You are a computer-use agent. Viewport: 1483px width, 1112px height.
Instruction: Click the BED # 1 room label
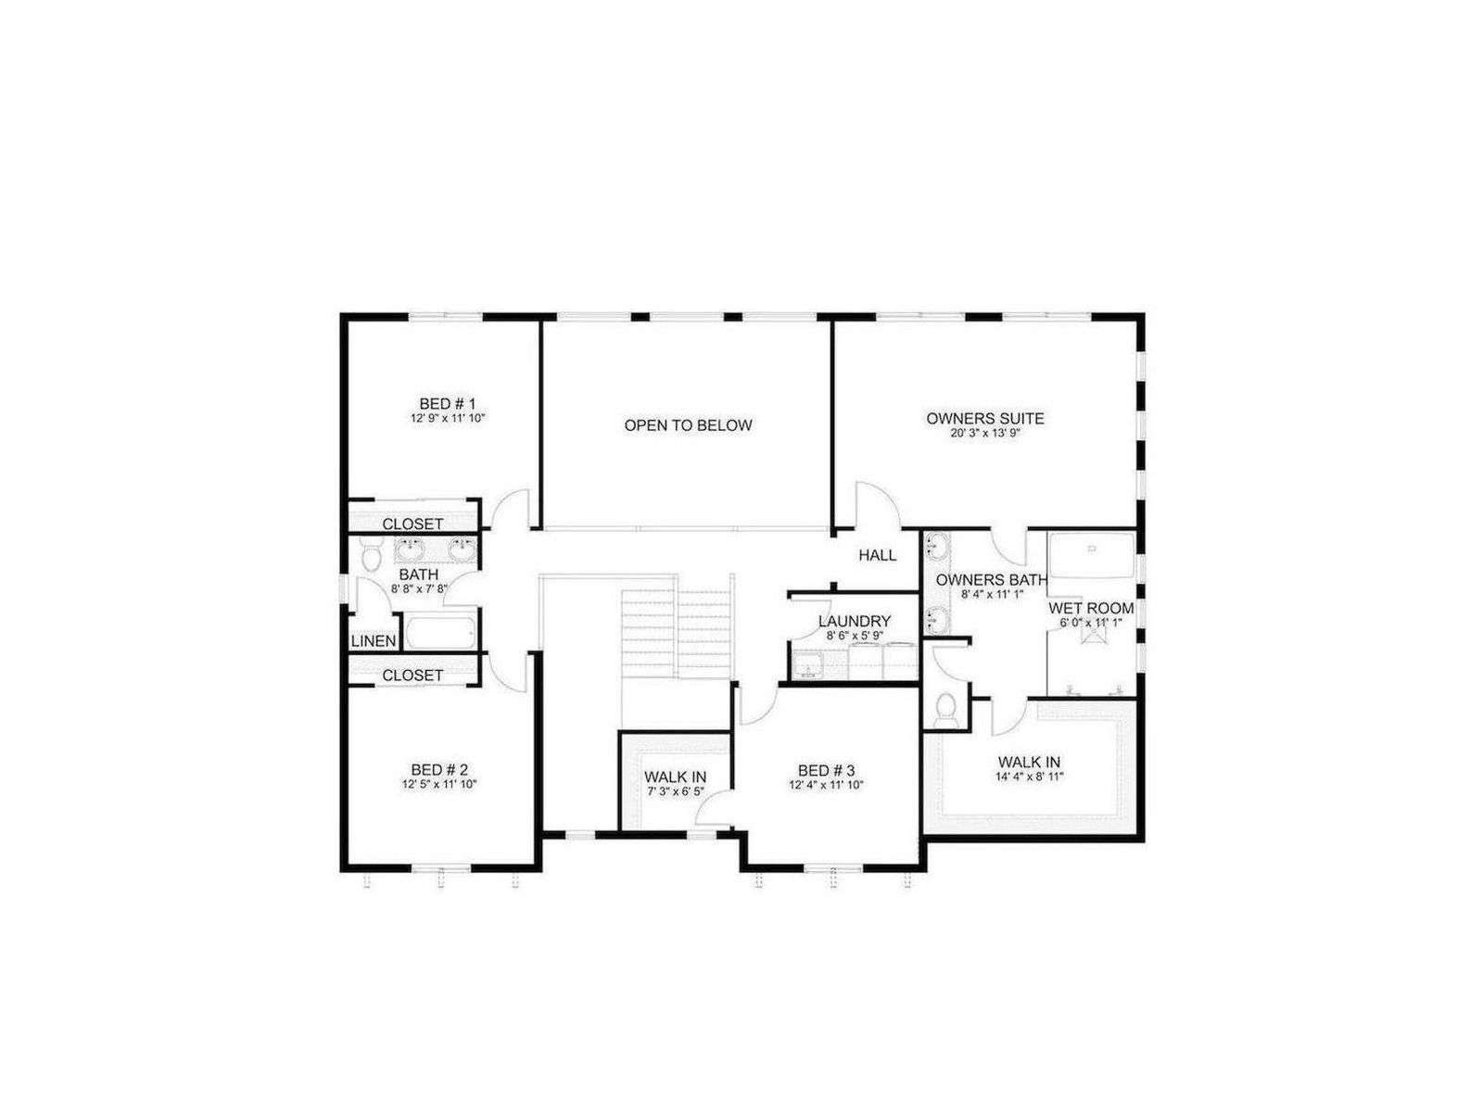click(x=448, y=404)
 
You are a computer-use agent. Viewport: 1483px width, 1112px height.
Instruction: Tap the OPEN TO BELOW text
click(x=688, y=425)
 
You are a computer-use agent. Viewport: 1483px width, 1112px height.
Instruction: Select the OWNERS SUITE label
click(x=984, y=419)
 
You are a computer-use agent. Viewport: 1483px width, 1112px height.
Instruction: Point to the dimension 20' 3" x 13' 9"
click(x=984, y=434)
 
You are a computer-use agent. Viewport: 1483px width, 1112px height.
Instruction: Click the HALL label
click(x=878, y=556)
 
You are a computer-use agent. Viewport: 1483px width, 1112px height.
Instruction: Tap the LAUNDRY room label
click(x=854, y=621)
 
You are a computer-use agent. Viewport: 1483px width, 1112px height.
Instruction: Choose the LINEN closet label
click(x=374, y=640)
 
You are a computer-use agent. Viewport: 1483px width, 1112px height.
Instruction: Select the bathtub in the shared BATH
click(x=440, y=632)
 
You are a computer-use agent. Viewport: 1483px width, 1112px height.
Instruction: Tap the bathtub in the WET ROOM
click(x=1092, y=555)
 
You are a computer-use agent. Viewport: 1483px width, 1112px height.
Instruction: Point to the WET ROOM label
click(x=1091, y=608)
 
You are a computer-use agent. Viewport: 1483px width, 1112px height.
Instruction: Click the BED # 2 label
click(x=439, y=770)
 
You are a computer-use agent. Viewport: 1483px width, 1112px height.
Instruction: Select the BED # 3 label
click(x=826, y=770)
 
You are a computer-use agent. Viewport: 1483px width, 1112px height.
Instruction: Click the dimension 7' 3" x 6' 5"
click(x=676, y=792)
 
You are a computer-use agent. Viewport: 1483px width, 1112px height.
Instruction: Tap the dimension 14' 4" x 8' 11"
click(x=1029, y=777)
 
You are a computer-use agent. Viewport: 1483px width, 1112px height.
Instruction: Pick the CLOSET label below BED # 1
click(x=412, y=524)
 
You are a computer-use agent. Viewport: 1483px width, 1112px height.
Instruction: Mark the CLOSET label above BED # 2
click(x=412, y=676)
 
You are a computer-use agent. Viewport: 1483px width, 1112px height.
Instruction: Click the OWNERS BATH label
click(x=992, y=580)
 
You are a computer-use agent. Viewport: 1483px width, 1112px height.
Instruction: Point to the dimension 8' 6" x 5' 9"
click(x=855, y=636)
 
